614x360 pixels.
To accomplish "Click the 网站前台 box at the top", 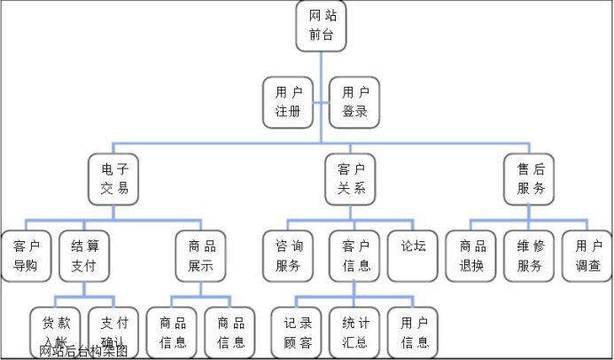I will point(322,27).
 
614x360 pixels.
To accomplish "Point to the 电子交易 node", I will point(114,177).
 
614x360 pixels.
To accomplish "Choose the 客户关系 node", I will point(351,177).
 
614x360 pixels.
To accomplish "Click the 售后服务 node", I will point(530,177).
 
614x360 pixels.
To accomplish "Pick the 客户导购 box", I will point(25,255).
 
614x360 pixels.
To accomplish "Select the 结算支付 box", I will point(84,255).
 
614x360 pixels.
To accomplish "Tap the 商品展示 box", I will point(201,255).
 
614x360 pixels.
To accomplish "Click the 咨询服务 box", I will point(288,255).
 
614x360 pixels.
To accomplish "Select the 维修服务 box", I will point(530,255).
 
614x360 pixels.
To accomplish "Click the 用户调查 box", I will point(587,255).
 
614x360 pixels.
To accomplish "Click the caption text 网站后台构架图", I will point(84,351).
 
